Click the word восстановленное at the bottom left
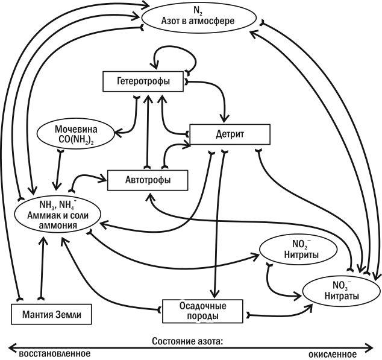[x=54, y=353]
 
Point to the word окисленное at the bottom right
[x=333, y=354]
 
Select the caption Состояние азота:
[x=187, y=341]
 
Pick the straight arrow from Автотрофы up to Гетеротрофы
[x=147, y=131]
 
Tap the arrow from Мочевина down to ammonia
[x=58, y=170]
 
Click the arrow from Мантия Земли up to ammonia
[x=42, y=268]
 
